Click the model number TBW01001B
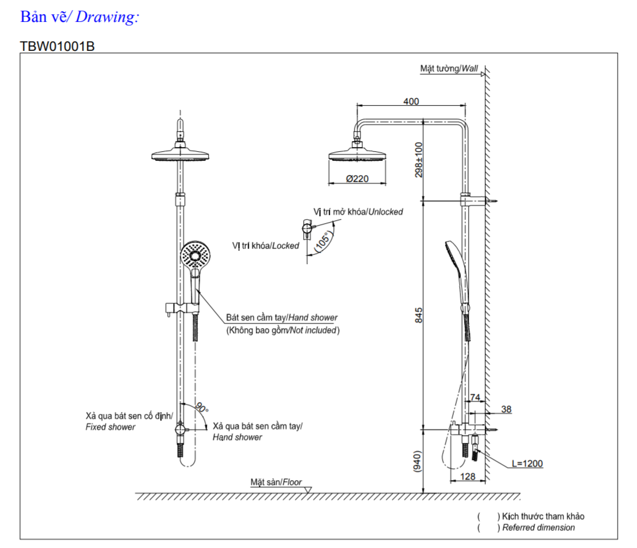pyautogui.click(x=57, y=47)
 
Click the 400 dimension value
pyautogui.click(x=411, y=102)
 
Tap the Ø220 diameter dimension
pyautogui.click(x=357, y=178)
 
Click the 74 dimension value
pyautogui.click(x=474, y=398)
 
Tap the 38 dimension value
pyautogui.click(x=506, y=409)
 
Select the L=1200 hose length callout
pyautogui.click(x=526, y=464)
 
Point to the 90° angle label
pyautogui.click(x=202, y=408)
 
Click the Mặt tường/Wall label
pyautogui.click(x=449, y=68)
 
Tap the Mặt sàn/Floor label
pyautogui.click(x=276, y=482)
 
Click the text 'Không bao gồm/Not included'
pyautogui.click(x=283, y=330)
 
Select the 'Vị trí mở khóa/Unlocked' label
pyautogui.click(x=358, y=211)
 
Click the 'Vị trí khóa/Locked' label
pyautogui.click(x=266, y=246)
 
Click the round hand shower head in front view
pyautogui.click(x=194, y=255)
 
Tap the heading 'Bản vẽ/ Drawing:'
pyautogui.click(x=79, y=17)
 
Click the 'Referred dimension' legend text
pyautogui.click(x=538, y=527)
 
